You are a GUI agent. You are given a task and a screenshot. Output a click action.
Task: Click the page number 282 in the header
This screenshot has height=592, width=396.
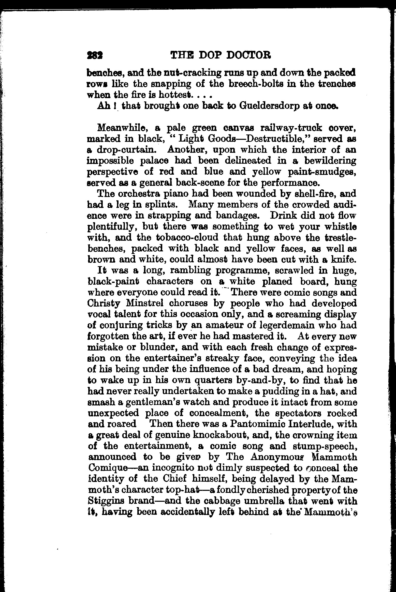(95, 55)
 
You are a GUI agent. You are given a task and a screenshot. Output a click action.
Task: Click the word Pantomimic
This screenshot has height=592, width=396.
(256, 424)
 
